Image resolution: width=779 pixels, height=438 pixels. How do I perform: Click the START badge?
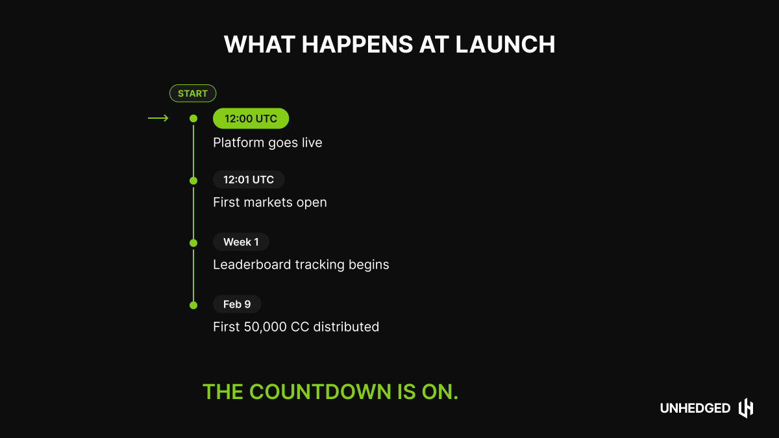pyautogui.click(x=193, y=93)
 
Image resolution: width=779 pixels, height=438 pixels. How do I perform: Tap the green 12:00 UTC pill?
pyautogui.click(x=251, y=118)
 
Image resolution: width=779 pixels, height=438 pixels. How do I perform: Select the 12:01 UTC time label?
pyautogui.click(x=249, y=180)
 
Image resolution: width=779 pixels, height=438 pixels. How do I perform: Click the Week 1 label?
pyautogui.click(x=241, y=242)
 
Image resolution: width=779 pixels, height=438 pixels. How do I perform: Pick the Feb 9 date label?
pyautogui.click(x=237, y=304)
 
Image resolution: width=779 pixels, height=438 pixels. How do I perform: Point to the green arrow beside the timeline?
pyautogui.click(x=158, y=118)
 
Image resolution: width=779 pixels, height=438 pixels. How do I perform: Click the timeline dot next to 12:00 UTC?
pyautogui.click(x=193, y=119)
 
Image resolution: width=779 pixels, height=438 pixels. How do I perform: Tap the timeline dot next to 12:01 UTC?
pyautogui.click(x=193, y=180)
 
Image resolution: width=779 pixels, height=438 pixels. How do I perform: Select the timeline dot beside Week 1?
pyautogui.click(x=193, y=243)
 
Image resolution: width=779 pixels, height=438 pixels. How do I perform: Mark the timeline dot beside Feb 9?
pyautogui.click(x=193, y=305)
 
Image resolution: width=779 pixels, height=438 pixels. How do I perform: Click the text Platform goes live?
pyautogui.click(x=267, y=143)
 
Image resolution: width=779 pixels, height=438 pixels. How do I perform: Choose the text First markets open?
pyautogui.click(x=270, y=202)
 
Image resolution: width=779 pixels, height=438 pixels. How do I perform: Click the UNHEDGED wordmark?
pyautogui.click(x=695, y=408)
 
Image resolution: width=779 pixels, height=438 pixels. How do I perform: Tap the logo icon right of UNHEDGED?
pyautogui.click(x=746, y=408)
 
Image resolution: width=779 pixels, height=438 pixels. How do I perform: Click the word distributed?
pyautogui.click(x=346, y=327)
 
